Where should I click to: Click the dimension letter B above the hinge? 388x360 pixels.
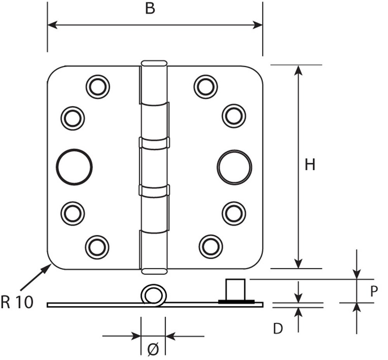tap(150, 9)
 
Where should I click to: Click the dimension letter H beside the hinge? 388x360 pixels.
tap(310, 165)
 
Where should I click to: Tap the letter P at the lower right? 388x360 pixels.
tap(374, 291)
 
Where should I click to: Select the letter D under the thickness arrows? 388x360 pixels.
tap(278, 329)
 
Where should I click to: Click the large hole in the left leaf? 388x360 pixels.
tap(74, 167)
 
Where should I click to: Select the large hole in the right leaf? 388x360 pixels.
tap(234, 167)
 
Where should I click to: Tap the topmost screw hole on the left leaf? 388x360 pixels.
tap(97, 87)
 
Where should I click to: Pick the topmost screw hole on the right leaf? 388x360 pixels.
tap(205, 87)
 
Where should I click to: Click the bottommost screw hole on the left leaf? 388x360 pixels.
tap(97, 247)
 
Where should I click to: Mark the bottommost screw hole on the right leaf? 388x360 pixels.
tap(211, 247)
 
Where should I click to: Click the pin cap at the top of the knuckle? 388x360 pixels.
tap(154, 63)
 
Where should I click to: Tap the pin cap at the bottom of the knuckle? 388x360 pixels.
tap(154, 271)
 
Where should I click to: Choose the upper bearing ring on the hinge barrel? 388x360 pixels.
tap(154, 143)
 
